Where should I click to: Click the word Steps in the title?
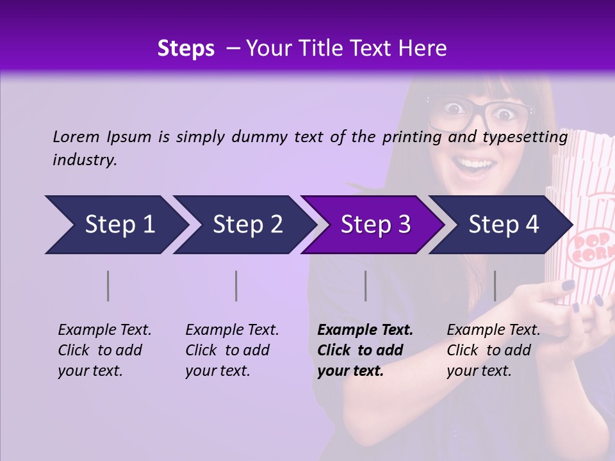pyautogui.click(x=186, y=49)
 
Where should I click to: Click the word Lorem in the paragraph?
pyautogui.click(x=76, y=137)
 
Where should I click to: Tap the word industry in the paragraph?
pyautogui.click(x=84, y=160)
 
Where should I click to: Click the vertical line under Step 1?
pyautogui.click(x=108, y=286)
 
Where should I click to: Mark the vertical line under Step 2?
pyautogui.click(x=236, y=286)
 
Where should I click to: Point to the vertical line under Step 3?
pyautogui.click(x=365, y=286)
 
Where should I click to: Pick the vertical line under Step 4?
pyautogui.click(x=495, y=286)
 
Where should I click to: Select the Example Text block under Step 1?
pyautogui.click(x=104, y=350)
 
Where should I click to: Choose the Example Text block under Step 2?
pyautogui.click(x=232, y=350)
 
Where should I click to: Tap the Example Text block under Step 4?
pyautogui.click(x=493, y=350)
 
